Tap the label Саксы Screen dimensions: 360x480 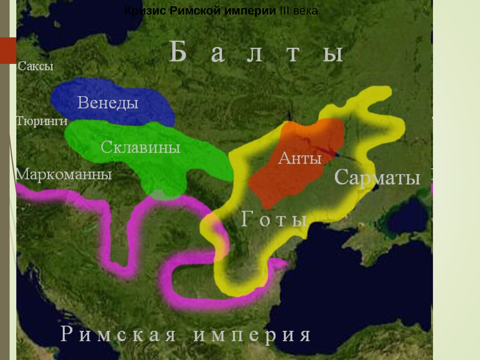pos(36,66)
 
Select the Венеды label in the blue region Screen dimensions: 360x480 pos(108,103)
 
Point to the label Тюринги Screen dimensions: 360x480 pos(42,121)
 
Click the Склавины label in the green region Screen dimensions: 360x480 pos(140,148)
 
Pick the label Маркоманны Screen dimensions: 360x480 pos(64,174)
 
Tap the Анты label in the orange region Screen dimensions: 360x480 pos(300,158)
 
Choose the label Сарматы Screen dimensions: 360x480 pos(377,178)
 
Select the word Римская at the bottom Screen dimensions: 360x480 pos(118,334)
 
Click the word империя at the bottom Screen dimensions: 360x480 pos(252,334)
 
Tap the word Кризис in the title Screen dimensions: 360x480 pos(146,11)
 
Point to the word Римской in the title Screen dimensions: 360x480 pos(196,11)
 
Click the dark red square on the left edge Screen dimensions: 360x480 pos(8,50)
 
